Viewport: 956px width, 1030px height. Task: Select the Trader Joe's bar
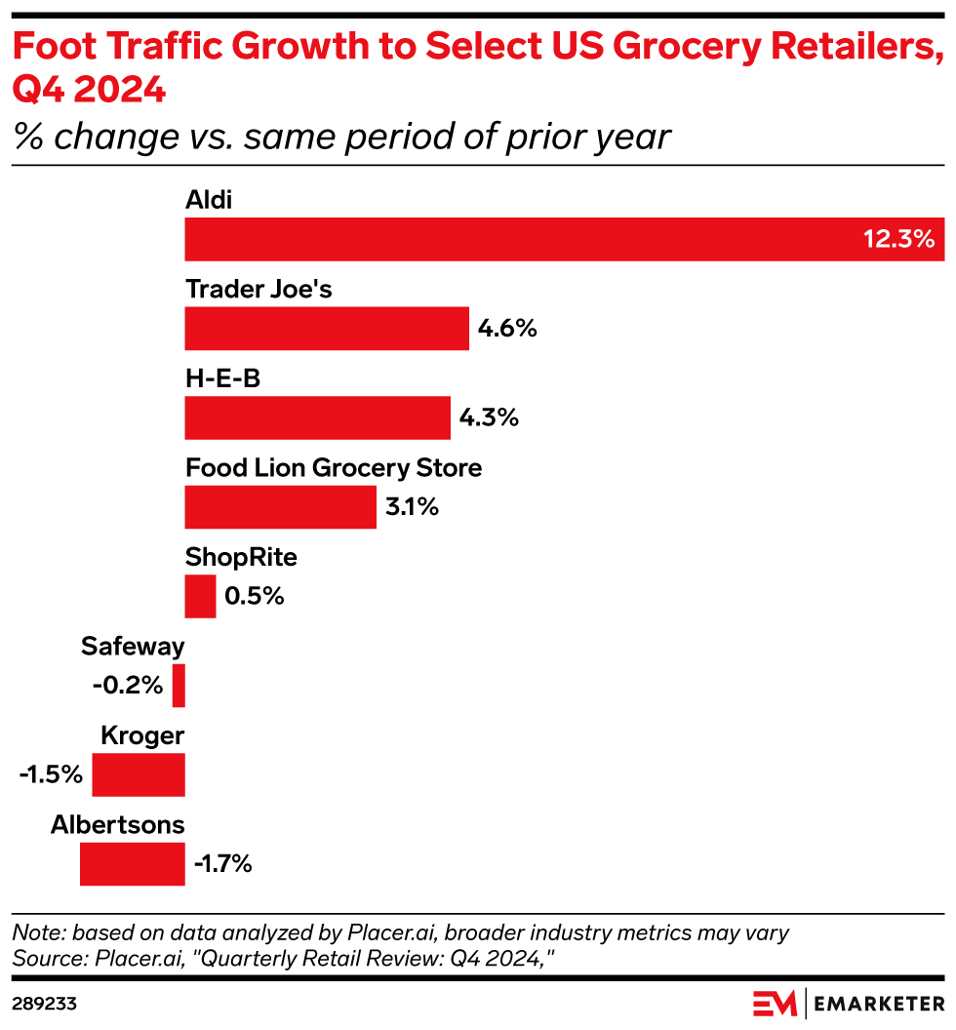click(327, 329)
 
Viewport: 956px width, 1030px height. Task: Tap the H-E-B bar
click(317, 418)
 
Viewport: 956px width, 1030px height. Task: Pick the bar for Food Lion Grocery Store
click(280, 508)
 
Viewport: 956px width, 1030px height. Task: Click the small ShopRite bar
click(200, 596)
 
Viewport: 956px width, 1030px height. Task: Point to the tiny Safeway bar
click(179, 686)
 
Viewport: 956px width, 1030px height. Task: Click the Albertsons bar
click(132, 864)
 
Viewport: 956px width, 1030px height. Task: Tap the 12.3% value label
click(898, 239)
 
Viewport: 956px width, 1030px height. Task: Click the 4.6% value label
click(507, 329)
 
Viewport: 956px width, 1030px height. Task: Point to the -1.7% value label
click(223, 864)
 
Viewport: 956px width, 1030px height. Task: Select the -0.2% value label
click(128, 686)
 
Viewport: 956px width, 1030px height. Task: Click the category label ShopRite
click(241, 558)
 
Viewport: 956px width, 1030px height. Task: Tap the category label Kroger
click(142, 736)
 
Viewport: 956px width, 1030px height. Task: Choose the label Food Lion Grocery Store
click(334, 468)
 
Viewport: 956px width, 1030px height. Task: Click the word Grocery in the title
click(713, 47)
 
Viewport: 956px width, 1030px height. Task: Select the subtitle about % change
click(341, 137)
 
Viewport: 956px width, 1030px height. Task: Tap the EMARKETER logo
click(849, 1003)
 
